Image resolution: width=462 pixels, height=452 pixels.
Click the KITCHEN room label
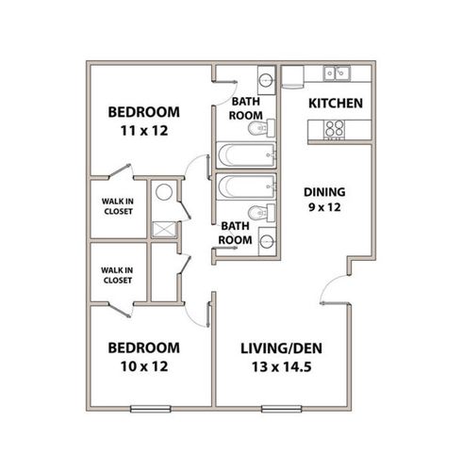336,104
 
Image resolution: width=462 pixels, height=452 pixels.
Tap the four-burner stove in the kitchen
334,129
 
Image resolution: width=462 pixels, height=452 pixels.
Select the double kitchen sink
337,73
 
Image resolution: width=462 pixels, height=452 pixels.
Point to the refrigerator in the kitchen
293,77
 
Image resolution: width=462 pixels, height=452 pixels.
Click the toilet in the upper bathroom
261,128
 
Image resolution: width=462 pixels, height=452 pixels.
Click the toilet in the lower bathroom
261,213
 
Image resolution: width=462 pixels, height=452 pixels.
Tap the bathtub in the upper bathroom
246,155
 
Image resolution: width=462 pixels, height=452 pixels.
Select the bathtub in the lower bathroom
246,186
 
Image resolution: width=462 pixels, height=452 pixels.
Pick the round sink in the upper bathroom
267,80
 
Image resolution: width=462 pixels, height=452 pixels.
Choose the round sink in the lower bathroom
268,241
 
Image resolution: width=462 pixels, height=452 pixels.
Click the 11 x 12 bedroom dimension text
144,131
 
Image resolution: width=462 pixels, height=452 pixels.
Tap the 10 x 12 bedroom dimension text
144,366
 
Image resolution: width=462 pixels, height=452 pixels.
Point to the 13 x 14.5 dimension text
282,367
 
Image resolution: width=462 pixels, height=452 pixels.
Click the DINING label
324,192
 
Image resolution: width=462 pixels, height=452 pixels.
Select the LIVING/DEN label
282,348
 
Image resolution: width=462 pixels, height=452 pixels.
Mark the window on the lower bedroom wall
151,409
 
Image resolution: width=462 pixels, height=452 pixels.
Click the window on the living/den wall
282,409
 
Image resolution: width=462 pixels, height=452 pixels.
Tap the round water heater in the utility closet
164,192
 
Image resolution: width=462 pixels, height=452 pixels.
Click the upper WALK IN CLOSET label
118,206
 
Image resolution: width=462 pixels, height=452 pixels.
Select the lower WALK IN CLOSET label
117,275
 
